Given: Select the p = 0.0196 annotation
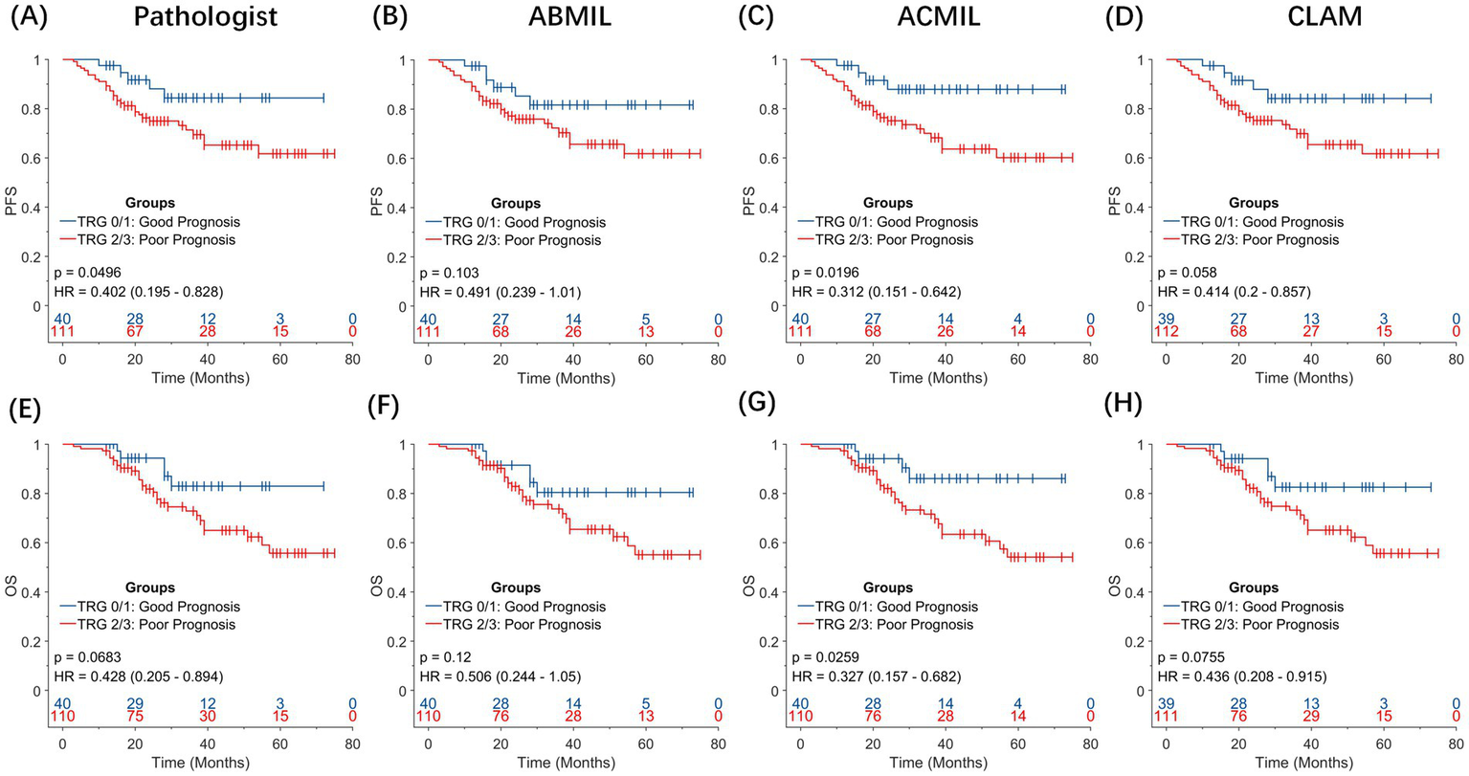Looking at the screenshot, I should pos(825,273).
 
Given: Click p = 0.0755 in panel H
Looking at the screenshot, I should pos(1193,657).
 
